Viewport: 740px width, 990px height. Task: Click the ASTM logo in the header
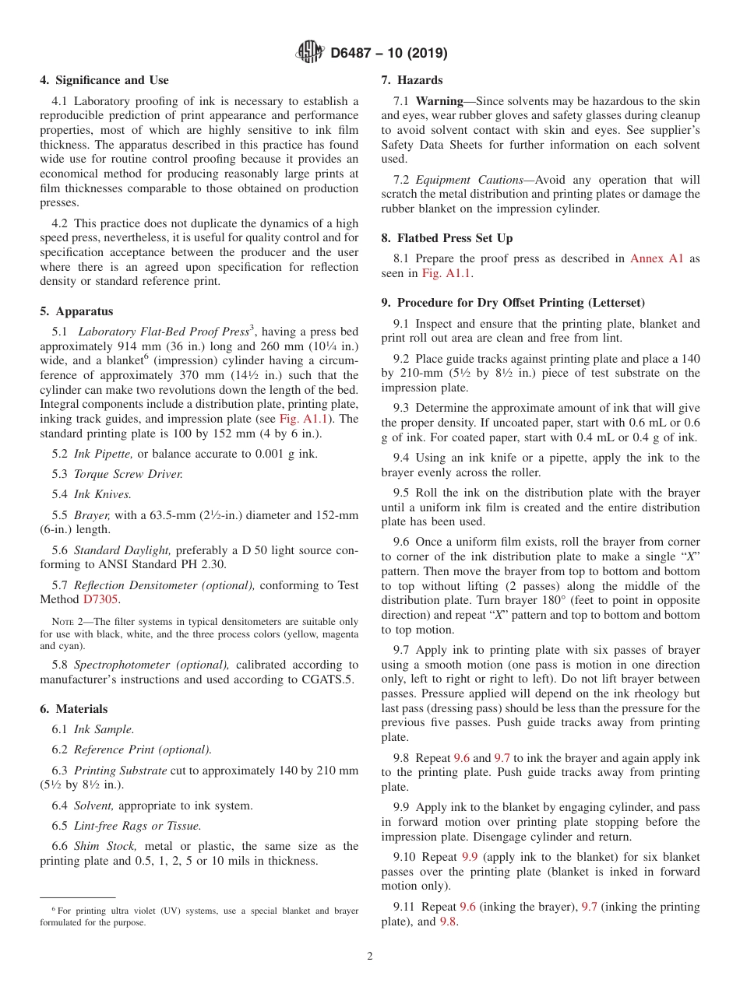click(310, 53)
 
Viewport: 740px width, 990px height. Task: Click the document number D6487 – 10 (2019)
click(389, 54)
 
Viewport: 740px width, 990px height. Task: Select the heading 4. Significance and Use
click(104, 80)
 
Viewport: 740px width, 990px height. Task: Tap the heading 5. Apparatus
click(76, 311)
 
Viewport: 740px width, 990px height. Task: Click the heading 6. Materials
click(74, 709)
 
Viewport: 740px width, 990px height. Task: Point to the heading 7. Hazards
click(412, 80)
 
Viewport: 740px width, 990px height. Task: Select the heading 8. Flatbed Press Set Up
click(447, 238)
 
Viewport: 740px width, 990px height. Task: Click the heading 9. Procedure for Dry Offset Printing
click(513, 303)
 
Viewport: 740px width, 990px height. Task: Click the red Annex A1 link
click(657, 258)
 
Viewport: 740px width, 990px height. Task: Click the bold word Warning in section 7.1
click(439, 101)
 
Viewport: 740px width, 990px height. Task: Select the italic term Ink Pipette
click(104, 454)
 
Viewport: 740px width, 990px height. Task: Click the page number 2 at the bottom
click(370, 957)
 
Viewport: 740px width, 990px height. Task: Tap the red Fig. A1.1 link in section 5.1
click(304, 419)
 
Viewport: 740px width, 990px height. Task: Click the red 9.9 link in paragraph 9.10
click(470, 857)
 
